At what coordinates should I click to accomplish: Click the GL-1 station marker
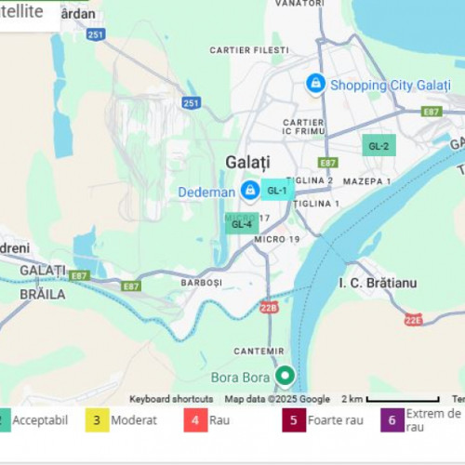pyautogui.click(x=277, y=190)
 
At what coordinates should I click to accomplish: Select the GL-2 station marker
pyautogui.click(x=379, y=146)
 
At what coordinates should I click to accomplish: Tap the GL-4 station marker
pyautogui.click(x=241, y=223)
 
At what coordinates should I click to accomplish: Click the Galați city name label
pyautogui.click(x=247, y=162)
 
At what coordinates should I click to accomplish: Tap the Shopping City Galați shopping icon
pyautogui.click(x=316, y=84)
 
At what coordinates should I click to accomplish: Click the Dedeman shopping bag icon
pyautogui.click(x=249, y=191)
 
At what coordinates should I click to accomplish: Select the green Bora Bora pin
pyautogui.click(x=286, y=377)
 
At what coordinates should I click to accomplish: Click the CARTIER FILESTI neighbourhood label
pyautogui.click(x=249, y=50)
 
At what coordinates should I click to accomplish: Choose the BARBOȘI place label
pyautogui.click(x=201, y=282)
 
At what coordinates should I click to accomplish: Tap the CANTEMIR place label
pyautogui.click(x=259, y=351)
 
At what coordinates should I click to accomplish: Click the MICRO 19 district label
pyautogui.click(x=277, y=240)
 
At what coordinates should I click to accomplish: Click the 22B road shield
pyautogui.click(x=269, y=307)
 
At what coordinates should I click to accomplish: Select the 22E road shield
pyautogui.click(x=414, y=320)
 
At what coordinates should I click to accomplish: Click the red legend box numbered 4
pyautogui.click(x=193, y=420)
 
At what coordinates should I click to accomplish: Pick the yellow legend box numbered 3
pyautogui.click(x=98, y=420)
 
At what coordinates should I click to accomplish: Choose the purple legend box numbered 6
pyautogui.click(x=392, y=420)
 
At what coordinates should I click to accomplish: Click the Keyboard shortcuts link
pyautogui.click(x=171, y=399)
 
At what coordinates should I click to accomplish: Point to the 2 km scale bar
pyautogui.click(x=402, y=400)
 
